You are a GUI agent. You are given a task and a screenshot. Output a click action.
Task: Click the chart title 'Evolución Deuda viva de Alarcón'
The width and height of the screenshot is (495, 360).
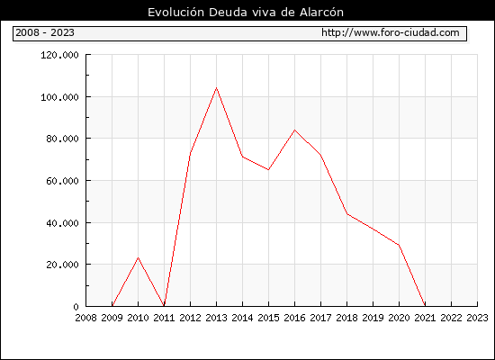246,12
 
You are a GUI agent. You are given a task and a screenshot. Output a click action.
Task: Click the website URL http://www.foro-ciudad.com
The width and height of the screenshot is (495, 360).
391,32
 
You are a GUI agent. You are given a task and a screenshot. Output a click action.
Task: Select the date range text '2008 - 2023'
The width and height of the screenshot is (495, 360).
45,32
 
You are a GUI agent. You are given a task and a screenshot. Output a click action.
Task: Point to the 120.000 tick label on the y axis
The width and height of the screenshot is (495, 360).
59,55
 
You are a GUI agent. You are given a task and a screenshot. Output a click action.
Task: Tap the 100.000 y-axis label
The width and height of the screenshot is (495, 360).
59,97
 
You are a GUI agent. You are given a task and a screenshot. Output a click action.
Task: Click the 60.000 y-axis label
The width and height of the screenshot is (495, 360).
62,181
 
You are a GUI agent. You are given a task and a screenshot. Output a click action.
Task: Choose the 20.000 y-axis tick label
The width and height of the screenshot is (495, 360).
62,265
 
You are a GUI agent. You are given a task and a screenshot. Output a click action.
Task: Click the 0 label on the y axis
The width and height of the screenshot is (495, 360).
76,307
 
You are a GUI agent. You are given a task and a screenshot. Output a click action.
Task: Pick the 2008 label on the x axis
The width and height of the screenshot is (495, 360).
85,318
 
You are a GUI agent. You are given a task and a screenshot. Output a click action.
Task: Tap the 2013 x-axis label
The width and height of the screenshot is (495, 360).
216,318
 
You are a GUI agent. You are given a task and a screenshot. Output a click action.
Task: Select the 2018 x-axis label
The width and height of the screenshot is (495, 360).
346,318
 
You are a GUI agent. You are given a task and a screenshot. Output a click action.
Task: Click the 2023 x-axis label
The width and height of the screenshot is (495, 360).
477,318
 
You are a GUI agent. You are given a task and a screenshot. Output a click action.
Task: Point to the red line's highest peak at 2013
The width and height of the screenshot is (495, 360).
216,88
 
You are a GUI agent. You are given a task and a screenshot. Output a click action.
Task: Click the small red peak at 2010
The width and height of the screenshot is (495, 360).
138,257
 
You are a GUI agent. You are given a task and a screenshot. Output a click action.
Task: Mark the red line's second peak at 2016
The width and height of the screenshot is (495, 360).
294,130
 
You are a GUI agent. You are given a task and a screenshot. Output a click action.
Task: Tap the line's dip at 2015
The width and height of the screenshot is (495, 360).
268,169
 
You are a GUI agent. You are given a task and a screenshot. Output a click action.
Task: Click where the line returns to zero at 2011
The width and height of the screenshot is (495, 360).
164,306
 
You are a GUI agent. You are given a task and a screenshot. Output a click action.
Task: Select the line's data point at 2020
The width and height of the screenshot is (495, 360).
399,245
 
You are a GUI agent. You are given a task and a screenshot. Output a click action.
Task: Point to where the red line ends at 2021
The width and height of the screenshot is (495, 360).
425,306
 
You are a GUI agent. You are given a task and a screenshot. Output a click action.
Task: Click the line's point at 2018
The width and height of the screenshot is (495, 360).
346,214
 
